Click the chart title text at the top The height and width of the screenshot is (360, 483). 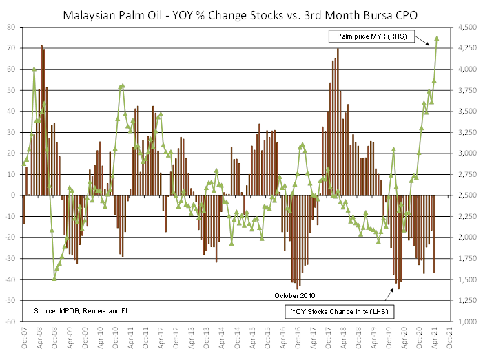[x=241, y=13]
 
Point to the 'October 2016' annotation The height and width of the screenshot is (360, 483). [x=294, y=295]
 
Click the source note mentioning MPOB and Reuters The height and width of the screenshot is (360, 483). [x=81, y=311]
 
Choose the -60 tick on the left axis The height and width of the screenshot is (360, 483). [x=13, y=321]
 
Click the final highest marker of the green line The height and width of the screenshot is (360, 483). [x=438, y=39]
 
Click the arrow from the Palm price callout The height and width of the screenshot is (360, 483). [x=428, y=41]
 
